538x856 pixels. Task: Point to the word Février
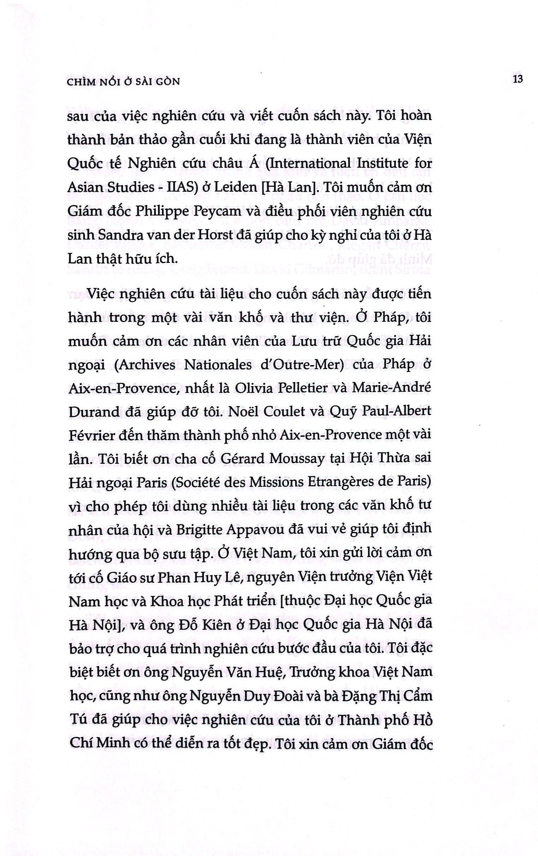[88, 436]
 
